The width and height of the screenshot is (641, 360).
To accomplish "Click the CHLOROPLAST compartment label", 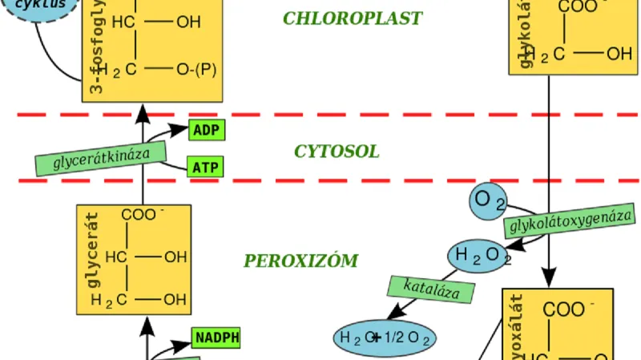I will tap(352, 18).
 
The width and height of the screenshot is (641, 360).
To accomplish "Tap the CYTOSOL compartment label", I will tap(337, 152).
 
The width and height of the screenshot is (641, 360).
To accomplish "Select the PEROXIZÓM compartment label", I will tap(300, 261).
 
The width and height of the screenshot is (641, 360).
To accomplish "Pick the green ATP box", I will tap(206, 168).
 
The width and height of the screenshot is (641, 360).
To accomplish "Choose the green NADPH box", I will tap(216, 338).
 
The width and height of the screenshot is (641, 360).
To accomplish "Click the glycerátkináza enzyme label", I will tap(101, 158).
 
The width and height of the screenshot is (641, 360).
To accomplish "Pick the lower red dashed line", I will tap(320, 180).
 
